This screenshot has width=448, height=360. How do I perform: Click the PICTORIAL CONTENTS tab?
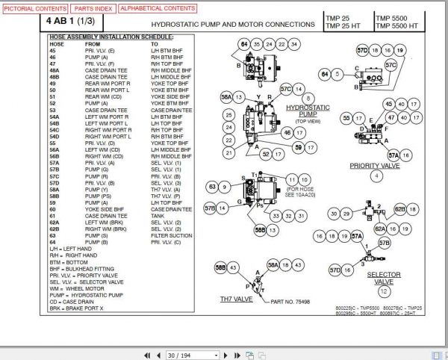[34, 8]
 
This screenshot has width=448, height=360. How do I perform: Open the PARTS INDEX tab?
[92, 8]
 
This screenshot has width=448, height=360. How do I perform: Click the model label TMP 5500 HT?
[400, 27]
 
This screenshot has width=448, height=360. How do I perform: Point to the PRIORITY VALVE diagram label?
[376, 166]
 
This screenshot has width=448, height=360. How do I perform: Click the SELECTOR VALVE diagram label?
[384, 278]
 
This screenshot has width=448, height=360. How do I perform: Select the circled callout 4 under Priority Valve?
[376, 176]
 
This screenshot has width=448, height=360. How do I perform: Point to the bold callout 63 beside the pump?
[213, 186]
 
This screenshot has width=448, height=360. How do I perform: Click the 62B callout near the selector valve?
[400, 209]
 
